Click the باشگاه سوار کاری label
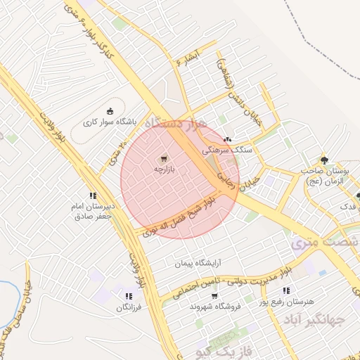click(x=109, y=122)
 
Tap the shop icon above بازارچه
click(x=164, y=159)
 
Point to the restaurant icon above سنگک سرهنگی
click(x=227, y=139)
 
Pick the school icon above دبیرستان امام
click(x=92, y=196)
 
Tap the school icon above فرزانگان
click(x=128, y=297)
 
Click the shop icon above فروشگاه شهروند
click(x=214, y=295)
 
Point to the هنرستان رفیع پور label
click(x=284, y=301)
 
